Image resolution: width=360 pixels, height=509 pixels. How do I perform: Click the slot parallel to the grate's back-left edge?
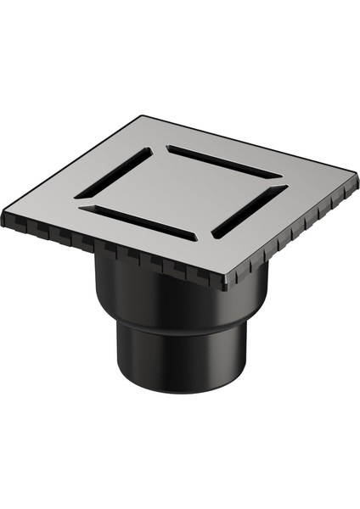(114, 174)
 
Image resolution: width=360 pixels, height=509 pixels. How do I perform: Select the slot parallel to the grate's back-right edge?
(224, 162)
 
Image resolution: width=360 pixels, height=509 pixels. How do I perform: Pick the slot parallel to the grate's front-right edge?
(247, 211)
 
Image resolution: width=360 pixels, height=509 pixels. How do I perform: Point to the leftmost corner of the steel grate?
(5, 215)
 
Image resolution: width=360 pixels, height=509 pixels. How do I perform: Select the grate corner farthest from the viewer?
(140, 118)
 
